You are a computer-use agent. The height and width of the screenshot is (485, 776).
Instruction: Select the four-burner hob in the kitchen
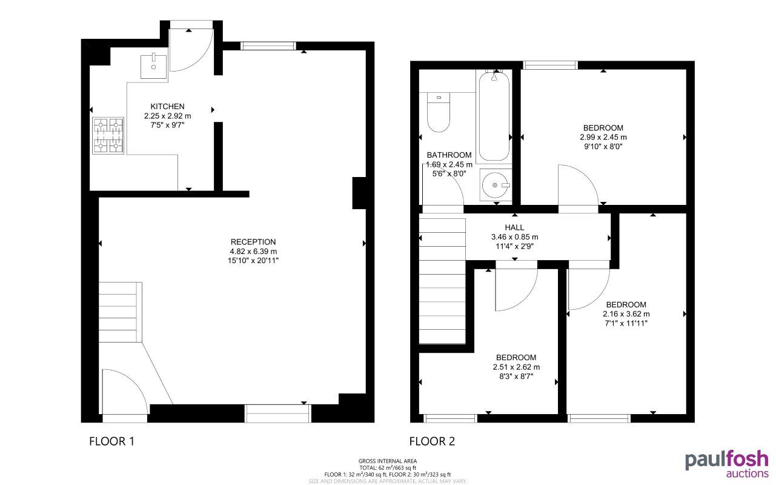[x=108, y=135]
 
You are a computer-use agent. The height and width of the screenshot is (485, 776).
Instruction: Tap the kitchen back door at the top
[x=191, y=48]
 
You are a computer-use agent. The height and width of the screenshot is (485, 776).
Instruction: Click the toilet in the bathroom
[x=437, y=113]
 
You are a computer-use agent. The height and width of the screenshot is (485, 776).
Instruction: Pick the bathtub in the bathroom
[x=494, y=115]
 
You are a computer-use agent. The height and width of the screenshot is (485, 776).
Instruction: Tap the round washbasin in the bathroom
[x=496, y=185]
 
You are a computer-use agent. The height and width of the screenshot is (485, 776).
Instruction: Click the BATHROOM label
[x=449, y=155]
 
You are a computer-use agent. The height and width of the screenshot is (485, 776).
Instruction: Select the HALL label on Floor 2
[x=514, y=227]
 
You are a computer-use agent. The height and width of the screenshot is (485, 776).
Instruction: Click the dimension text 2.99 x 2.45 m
[x=603, y=137]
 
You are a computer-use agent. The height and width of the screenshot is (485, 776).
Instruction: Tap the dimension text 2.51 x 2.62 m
[x=516, y=367]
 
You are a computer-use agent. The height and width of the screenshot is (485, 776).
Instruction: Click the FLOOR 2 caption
[x=432, y=441]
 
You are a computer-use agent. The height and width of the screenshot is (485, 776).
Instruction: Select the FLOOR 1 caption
[x=111, y=441]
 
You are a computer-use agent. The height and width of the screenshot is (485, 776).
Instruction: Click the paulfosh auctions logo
[x=726, y=464]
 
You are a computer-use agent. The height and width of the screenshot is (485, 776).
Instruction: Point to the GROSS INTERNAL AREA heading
[x=388, y=461]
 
